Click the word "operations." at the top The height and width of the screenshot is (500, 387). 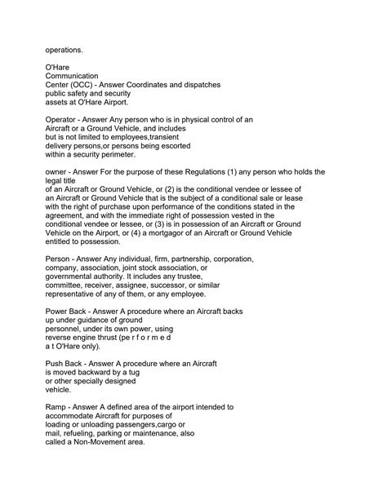[x=64, y=51]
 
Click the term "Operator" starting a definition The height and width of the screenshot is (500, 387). [x=64, y=119]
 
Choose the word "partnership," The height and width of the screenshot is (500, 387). [x=182, y=259]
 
